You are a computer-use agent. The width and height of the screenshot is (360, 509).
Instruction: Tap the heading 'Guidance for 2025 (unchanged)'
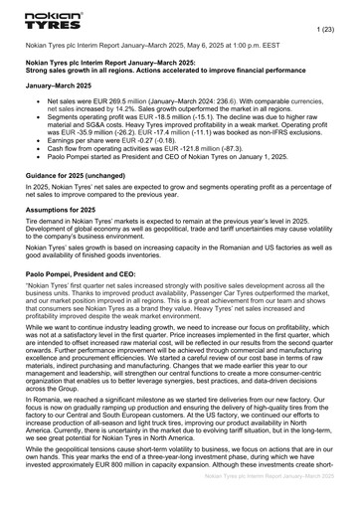tap(83, 203)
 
